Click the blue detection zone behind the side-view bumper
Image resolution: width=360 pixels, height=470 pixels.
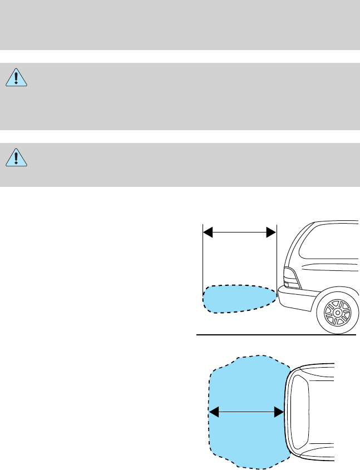[236, 299]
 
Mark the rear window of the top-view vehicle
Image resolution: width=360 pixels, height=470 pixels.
[299, 412]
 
